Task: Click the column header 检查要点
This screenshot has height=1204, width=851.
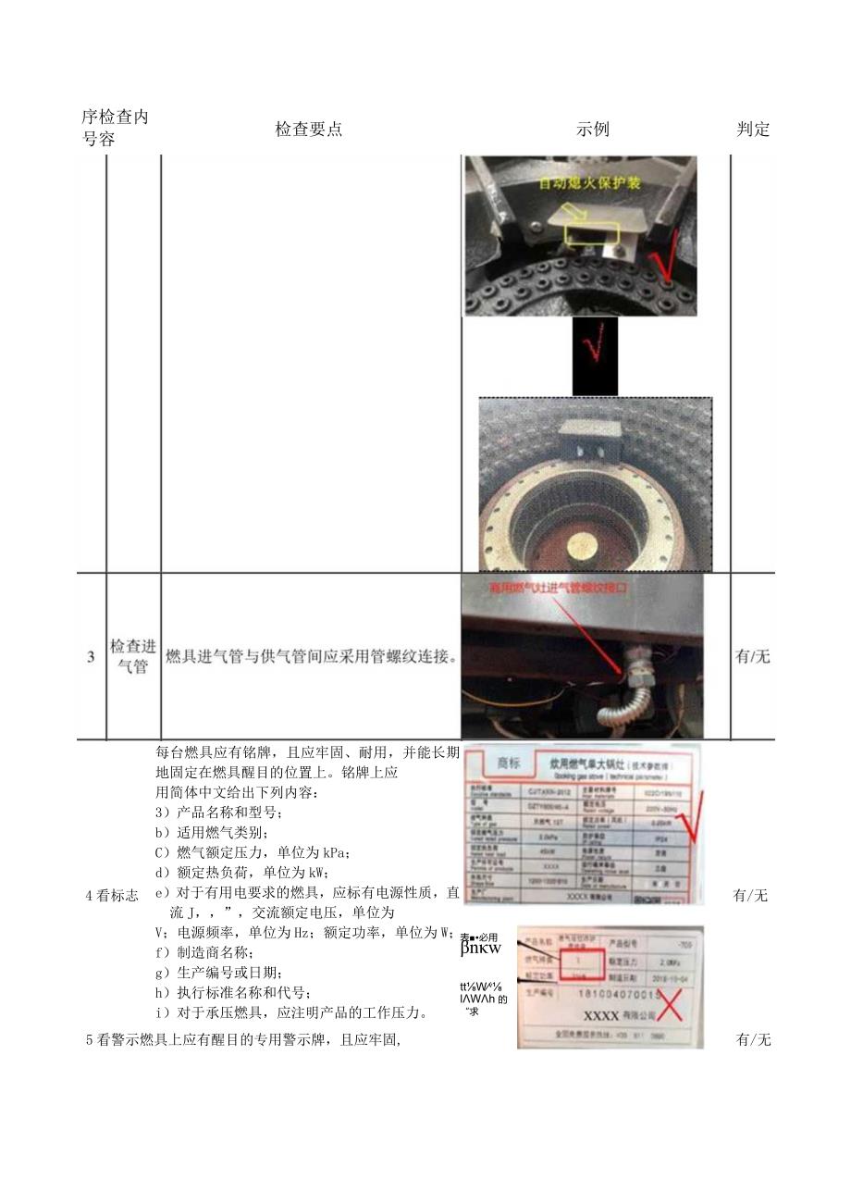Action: click(308, 130)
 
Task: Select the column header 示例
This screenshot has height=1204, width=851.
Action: click(593, 130)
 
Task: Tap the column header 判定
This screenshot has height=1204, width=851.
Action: click(753, 130)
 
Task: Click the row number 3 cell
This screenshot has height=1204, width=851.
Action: click(91, 657)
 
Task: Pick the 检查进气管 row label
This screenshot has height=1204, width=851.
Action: click(133, 656)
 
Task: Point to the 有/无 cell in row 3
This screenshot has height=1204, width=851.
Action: click(752, 657)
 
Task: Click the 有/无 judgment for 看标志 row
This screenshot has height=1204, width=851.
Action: click(751, 895)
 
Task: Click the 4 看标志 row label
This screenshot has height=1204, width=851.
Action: click(112, 895)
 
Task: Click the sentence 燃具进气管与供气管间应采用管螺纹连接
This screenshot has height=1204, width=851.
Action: click(312, 657)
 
